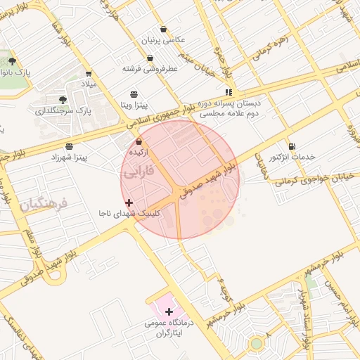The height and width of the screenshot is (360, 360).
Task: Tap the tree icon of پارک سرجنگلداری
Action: click(63, 100)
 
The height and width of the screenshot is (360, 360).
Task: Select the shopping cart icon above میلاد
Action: click(88, 73)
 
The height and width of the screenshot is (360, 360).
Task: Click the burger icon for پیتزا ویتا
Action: click(134, 94)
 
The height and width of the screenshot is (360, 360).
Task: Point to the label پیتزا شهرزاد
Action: click(69, 157)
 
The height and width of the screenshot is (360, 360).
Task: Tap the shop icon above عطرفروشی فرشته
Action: click(149, 58)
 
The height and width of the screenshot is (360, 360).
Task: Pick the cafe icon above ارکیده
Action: click(139, 141)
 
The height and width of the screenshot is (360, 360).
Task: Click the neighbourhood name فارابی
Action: click(139, 172)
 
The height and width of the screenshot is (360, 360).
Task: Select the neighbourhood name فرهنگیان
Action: click(44, 205)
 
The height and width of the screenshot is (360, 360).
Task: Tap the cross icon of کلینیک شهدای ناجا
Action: click(128, 202)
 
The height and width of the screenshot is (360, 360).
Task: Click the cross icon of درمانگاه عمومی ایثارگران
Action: click(169, 311)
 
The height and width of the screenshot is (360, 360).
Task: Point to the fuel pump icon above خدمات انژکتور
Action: click(292, 146)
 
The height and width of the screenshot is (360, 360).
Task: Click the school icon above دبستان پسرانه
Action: click(229, 91)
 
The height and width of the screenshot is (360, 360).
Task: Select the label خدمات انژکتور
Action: click(292, 156)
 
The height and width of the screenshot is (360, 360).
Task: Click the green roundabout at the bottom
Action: click(257, 343)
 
